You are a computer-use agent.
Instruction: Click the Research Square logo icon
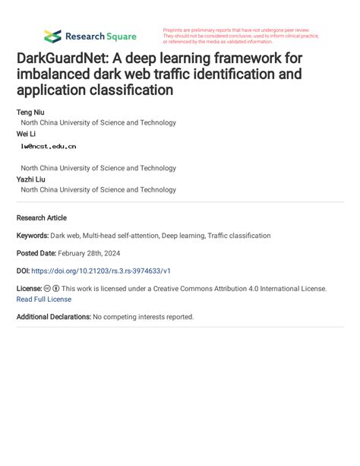coord(52,36)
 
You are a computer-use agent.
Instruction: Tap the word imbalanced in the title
coord(53,74)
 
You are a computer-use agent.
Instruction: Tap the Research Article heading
coord(42,217)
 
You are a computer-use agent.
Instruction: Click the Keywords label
coord(33,236)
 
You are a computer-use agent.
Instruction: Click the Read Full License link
coord(44,299)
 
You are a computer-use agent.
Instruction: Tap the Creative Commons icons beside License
coord(52,289)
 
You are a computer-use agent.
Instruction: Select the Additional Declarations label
coord(53,316)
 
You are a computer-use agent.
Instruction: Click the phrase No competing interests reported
coord(144,316)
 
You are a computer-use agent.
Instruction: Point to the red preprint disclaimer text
coord(241,36)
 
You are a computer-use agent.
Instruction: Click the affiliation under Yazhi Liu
coord(98,190)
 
